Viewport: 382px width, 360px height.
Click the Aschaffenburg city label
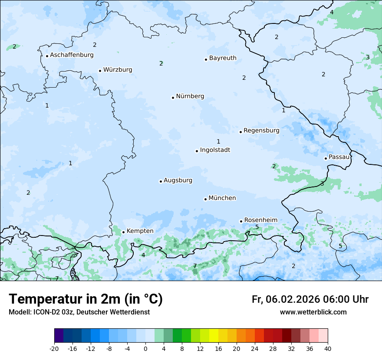pyautogui.click(x=72, y=55)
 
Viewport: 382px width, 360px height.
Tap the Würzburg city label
pyautogui.click(x=118, y=70)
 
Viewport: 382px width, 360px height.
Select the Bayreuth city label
pyautogui.click(x=223, y=58)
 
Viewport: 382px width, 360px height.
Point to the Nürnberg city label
pyautogui.click(x=190, y=96)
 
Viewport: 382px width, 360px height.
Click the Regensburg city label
pyautogui.click(x=261, y=131)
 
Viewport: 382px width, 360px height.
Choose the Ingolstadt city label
pyautogui.click(x=215, y=150)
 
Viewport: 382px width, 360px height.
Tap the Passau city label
pyautogui.click(x=339, y=157)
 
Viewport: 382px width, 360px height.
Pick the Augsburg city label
pyautogui.click(x=178, y=180)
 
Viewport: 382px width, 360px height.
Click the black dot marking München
pyautogui.click(x=205, y=199)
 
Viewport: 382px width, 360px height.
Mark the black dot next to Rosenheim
pyautogui.click(x=241, y=221)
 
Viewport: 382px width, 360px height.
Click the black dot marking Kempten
pyautogui.click(x=123, y=232)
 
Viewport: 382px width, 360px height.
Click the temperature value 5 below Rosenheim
pyautogui.click(x=257, y=227)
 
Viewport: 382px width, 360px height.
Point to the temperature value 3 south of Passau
pyautogui.click(x=322, y=184)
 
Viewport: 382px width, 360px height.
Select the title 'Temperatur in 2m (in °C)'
pyautogui.click(x=86, y=299)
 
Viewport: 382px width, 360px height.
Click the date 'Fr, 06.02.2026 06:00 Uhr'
pyautogui.click(x=310, y=299)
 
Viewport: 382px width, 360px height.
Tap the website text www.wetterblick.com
pyautogui.click(x=313, y=312)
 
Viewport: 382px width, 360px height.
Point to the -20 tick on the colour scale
pyautogui.click(x=54, y=349)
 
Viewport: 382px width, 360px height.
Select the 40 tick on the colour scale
pyautogui.click(x=328, y=349)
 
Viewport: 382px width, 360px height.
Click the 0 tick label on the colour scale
pyautogui.click(x=145, y=349)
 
